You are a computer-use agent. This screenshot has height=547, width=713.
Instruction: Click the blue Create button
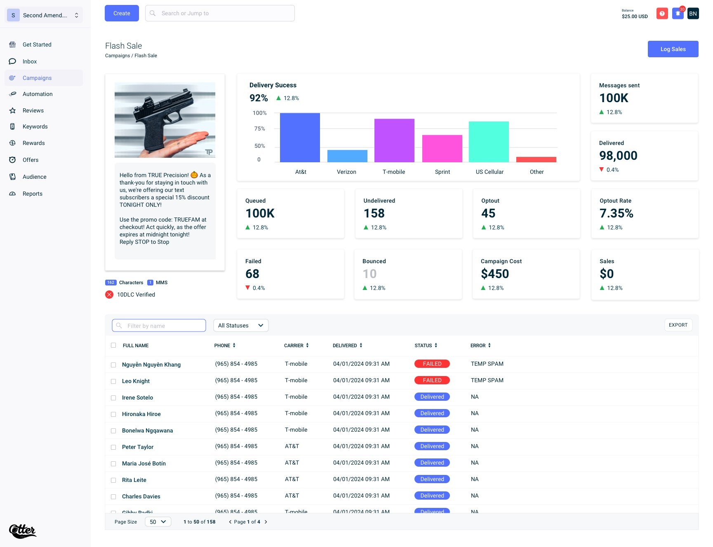click(x=122, y=13)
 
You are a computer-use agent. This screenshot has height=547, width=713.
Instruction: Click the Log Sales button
click(x=673, y=49)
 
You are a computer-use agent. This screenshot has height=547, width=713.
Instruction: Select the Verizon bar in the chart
click(x=347, y=156)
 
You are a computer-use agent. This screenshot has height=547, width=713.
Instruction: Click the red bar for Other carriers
click(x=536, y=159)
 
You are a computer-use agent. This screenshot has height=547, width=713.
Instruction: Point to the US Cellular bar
click(x=489, y=142)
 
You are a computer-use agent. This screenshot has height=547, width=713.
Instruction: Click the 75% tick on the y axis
click(x=259, y=129)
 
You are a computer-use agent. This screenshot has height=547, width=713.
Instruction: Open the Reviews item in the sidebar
click(x=33, y=110)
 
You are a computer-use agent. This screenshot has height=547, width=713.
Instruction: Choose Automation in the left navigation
click(x=38, y=94)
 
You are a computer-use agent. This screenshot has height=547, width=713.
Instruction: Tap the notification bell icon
click(x=678, y=14)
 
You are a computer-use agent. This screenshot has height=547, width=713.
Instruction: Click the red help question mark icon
click(x=662, y=14)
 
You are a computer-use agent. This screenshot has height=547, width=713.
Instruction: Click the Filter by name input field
click(x=159, y=325)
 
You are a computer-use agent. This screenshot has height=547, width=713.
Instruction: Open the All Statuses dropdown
click(x=241, y=325)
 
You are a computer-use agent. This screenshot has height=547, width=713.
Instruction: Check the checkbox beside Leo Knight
click(x=113, y=381)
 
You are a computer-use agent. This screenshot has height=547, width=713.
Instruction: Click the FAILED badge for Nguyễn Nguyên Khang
click(x=432, y=364)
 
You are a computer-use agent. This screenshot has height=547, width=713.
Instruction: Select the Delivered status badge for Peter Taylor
click(x=432, y=446)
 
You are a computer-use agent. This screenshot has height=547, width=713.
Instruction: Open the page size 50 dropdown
click(x=158, y=522)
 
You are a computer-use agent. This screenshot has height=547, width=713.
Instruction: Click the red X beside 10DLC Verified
click(x=109, y=295)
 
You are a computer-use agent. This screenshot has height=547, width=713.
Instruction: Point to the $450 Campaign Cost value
click(x=495, y=274)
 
